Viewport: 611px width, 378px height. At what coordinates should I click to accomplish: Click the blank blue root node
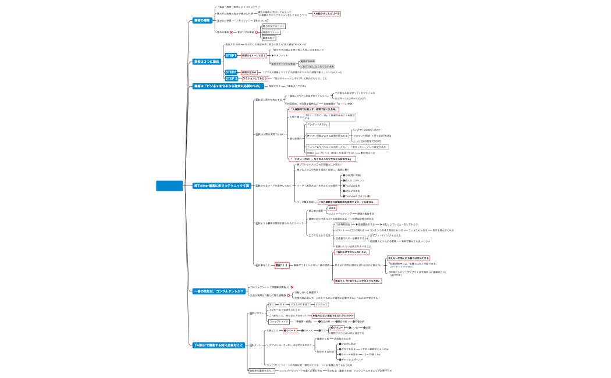coord(169,186)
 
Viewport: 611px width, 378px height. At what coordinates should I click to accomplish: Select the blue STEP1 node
coord(231,56)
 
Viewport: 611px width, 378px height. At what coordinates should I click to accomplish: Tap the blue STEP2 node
coord(231,72)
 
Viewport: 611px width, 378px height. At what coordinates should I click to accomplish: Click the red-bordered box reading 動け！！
coord(282,265)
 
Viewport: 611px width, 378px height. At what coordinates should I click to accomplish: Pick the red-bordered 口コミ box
coord(332,208)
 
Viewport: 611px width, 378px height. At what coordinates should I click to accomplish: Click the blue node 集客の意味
coord(202,20)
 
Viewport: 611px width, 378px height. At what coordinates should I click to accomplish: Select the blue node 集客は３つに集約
coord(207,61)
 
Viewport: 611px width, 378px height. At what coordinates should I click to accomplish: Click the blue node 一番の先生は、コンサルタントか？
coord(218,291)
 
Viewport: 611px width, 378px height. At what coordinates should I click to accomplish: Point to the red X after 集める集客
coord(232,32)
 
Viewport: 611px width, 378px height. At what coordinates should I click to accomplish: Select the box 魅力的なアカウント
coord(273,26)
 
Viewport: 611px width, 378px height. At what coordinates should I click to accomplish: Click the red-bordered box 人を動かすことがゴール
coord(326,13)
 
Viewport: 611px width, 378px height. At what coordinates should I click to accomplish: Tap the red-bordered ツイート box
coord(290,330)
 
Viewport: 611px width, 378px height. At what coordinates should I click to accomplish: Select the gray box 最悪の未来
coord(307,61)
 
